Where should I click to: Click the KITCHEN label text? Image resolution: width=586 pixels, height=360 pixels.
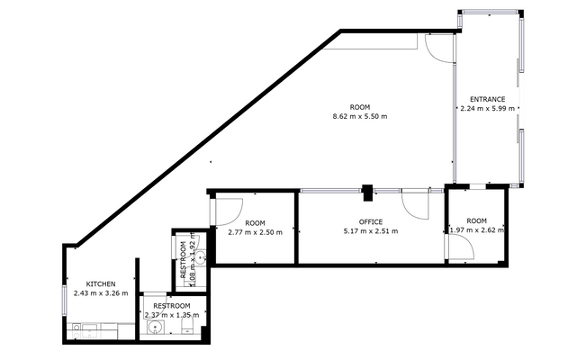(100, 283)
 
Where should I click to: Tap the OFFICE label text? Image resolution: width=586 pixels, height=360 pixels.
(370, 221)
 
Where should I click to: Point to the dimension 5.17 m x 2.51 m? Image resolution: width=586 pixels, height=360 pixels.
(370, 231)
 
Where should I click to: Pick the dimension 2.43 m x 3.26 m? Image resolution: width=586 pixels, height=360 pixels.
(100, 292)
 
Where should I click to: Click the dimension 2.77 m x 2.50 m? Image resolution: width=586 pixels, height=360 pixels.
(255, 232)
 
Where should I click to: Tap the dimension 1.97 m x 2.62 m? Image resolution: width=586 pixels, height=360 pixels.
(476, 230)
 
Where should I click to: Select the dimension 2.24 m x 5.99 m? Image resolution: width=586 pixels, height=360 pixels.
(487, 108)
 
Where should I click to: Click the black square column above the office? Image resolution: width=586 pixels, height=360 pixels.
(367, 190)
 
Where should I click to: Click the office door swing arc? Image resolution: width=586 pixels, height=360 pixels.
(416, 207)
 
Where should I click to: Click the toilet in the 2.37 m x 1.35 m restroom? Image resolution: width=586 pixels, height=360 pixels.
(188, 330)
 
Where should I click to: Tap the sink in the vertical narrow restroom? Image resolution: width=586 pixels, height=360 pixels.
(201, 257)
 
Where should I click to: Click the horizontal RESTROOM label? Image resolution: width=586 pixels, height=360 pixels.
(171, 306)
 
